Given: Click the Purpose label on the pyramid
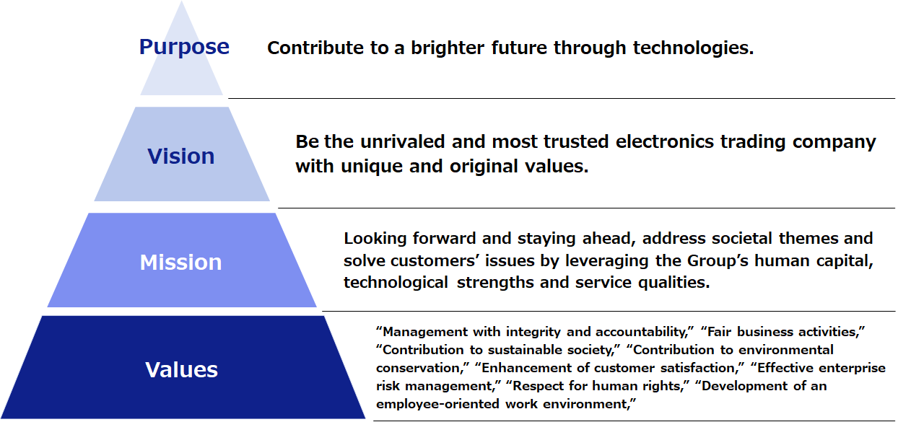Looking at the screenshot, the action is [184, 48].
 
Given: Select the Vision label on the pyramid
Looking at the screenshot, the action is [180, 156].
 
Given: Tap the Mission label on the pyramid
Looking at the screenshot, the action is [180, 263].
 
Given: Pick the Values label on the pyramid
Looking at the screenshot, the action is [181, 369].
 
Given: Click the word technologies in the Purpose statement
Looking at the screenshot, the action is [693, 48].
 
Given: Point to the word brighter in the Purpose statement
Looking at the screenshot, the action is [448, 48].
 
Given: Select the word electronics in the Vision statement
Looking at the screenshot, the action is [665, 141].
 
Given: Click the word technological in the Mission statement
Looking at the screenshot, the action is [396, 283].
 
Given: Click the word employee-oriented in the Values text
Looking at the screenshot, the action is [438, 405].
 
